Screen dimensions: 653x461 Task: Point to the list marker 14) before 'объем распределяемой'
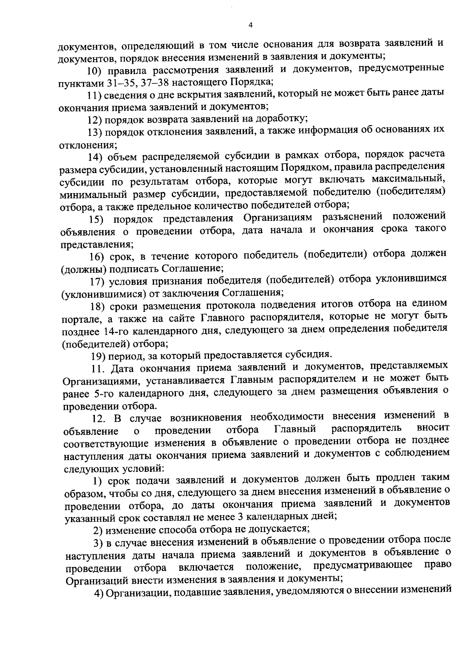point(95,156)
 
